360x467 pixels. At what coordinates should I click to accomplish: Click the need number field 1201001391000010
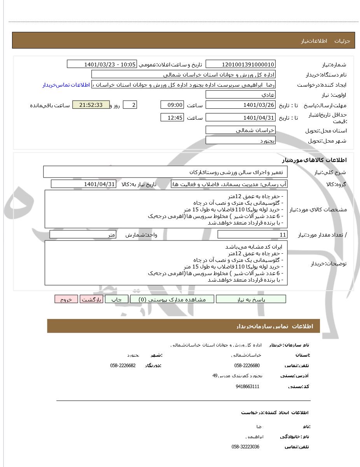click(x=241, y=64)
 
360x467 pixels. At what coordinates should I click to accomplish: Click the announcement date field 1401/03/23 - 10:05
click(x=102, y=64)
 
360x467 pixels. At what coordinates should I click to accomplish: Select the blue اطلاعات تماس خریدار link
click(x=66, y=85)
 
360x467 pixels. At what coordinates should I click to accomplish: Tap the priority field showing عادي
click(x=241, y=95)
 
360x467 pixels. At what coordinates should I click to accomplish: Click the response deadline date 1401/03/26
click(x=241, y=105)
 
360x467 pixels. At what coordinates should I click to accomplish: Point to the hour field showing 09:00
click(x=172, y=105)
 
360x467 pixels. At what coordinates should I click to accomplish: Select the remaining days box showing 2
click(x=130, y=105)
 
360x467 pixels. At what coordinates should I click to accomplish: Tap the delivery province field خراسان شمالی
click(x=241, y=130)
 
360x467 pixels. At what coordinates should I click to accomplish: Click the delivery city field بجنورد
click(x=241, y=141)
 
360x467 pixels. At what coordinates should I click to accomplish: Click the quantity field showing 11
click(x=252, y=235)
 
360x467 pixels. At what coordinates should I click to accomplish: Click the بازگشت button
click(x=91, y=299)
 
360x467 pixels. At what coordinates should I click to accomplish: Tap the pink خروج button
click(x=66, y=299)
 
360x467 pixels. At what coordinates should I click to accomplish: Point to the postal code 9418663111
click(x=247, y=387)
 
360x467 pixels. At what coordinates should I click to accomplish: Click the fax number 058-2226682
click(x=123, y=366)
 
